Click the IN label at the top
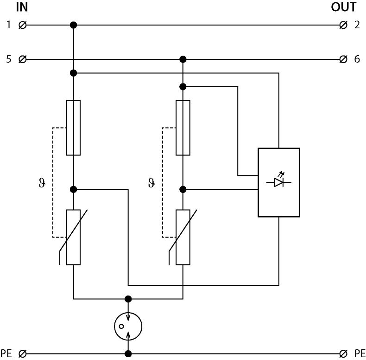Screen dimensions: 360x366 pyautogui.click(x=22, y=7)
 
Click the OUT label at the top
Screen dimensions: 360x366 pyautogui.click(x=344, y=7)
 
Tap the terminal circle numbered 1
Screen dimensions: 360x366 pyautogui.click(x=22, y=25)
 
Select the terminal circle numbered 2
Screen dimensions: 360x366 pyautogui.click(x=343, y=25)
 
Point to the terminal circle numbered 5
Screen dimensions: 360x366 pyautogui.click(x=22, y=59)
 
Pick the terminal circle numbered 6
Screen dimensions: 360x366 pyautogui.click(x=343, y=59)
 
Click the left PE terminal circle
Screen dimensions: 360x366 pyautogui.click(x=22, y=354)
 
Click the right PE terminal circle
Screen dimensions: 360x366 pyautogui.click(x=343, y=354)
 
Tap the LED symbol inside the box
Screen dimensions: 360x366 pyautogui.click(x=278, y=182)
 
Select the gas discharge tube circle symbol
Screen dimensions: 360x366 pyautogui.click(x=128, y=327)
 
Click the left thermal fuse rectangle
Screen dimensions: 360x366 pyautogui.click(x=73, y=127)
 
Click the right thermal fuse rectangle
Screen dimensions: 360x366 pyautogui.click(x=183, y=127)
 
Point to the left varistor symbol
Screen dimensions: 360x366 pyautogui.click(x=73, y=237)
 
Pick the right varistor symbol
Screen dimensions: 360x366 pyautogui.click(x=183, y=237)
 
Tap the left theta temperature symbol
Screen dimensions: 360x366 pyautogui.click(x=41, y=183)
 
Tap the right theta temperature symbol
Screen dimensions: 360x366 pyautogui.click(x=151, y=183)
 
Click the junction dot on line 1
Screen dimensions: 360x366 pyautogui.click(x=73, y=25)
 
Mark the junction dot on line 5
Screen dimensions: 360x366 pyautogui.click(x=183, y=59)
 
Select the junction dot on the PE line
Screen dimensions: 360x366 pyautogui.click(x=128, y=354)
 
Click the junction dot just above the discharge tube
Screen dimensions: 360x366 pyautogui.click(x=128, y=299)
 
